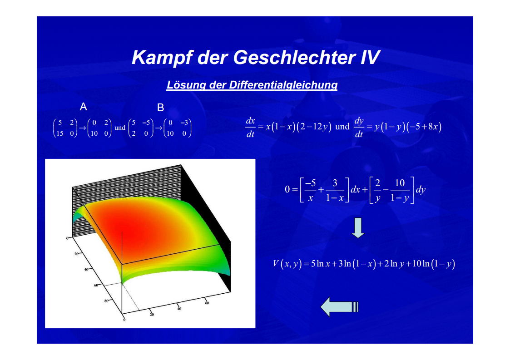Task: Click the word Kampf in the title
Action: click(162, 58)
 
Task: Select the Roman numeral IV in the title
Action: click(370, 57)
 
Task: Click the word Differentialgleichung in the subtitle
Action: click(283, 85)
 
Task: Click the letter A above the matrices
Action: click(83, 107)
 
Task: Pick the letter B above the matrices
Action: click(160, 108)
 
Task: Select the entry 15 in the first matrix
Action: click(60, 133)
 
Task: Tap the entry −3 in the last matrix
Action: click(184, 123)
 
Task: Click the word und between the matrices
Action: click(120, 128)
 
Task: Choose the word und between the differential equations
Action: click(342, 127)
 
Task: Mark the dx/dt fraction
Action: click(250, 127)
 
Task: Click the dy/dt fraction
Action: click(359, 127)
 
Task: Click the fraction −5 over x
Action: click(310, 190)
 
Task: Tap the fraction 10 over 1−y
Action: click(399, 190)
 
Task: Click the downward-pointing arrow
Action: click(358, 227)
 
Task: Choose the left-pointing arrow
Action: click(339, 307)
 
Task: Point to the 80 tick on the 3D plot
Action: click(106, 301)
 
